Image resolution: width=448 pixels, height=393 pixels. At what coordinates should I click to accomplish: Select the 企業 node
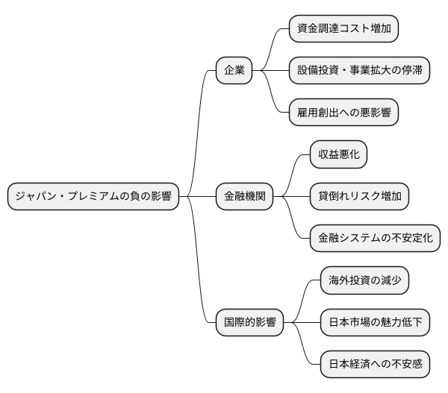click(234, 72)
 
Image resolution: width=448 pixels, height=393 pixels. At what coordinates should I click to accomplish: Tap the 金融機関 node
click(244, 197)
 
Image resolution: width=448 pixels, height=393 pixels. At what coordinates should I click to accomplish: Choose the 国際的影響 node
click(250, 323)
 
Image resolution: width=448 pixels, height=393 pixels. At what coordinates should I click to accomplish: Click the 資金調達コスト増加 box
click(343, 29)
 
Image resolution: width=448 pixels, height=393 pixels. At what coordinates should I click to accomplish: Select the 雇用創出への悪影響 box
click(343, 113)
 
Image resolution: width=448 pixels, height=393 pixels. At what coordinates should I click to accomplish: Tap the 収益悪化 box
click(339, 155)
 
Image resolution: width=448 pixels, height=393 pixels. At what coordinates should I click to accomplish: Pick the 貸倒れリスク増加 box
click(359, 197)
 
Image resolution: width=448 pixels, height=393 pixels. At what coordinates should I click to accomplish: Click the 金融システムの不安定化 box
click(375, 239)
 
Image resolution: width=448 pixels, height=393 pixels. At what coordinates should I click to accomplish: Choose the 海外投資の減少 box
click(364, 281)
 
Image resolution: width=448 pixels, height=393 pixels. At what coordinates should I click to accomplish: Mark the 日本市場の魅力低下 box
click(375, 323)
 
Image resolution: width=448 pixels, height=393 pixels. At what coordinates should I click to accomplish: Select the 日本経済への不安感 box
click(375, 365)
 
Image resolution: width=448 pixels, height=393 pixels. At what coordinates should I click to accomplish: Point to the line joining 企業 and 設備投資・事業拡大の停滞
click(271, 72)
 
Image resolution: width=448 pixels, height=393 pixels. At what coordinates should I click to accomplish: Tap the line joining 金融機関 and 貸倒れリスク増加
click(292, 197)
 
